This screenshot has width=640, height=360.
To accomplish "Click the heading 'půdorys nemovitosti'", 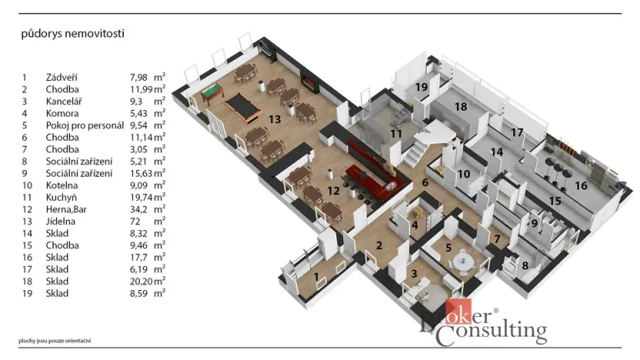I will click(72, 34).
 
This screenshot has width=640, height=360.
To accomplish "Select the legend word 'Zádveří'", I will click(62, 78).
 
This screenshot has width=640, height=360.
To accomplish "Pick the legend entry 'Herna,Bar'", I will click(66, 208).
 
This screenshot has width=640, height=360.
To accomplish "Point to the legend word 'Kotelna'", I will click(62, 185).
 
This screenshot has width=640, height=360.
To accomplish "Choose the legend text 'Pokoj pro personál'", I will click(84, 125).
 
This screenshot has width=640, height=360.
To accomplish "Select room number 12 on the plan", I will click(333, 190).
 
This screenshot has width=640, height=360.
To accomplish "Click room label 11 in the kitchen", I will click(395, 134).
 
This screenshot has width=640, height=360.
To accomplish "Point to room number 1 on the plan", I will click(315, 275).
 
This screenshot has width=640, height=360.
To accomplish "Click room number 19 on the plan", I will click(422, 87).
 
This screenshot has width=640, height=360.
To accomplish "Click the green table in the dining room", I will click(209, 92).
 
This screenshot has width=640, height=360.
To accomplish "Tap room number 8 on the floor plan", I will click(525, 266).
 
